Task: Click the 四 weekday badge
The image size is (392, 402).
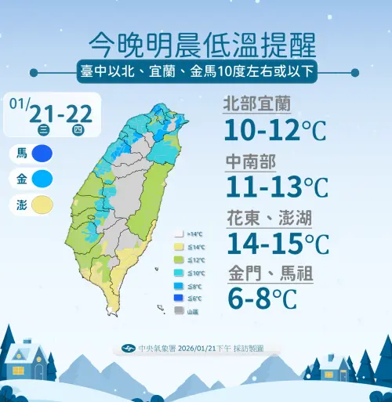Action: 77,129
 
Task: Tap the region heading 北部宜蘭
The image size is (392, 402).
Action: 257,103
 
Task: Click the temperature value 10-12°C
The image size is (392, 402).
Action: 274,129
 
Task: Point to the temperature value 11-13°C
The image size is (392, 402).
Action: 276,187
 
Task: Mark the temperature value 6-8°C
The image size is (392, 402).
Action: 263,299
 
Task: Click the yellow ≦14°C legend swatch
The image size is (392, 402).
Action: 180,247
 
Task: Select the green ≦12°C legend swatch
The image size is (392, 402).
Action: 180,259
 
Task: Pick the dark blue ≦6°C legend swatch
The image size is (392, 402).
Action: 180,298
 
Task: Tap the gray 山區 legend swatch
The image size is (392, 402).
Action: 180,310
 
